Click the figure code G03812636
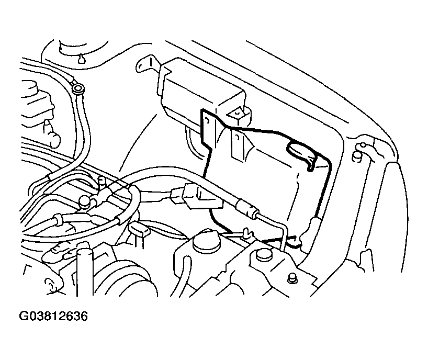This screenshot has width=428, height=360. [53, 317]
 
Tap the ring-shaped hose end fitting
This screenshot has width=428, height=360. [78, 88]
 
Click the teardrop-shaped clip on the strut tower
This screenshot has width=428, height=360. [81, 58]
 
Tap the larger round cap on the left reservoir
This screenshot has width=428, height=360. [206, 240]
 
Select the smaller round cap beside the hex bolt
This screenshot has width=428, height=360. [263, 255]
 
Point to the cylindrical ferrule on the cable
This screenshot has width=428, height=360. [247, 209]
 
